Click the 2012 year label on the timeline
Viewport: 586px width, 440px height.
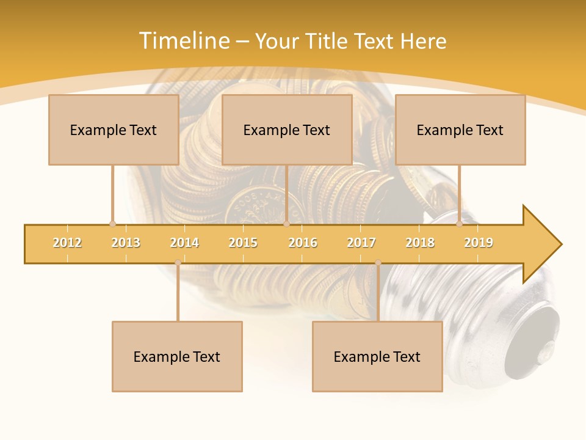tap(67, 243)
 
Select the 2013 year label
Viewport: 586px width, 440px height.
tap(126, 243)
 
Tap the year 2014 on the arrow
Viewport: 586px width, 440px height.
tap(184, 243)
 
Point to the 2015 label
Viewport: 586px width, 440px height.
tap(243, 243)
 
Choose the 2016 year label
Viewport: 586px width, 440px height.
tap(303, 243)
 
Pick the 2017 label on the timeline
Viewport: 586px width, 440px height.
tap(361, 243)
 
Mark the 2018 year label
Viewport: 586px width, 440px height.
tap(420, 243)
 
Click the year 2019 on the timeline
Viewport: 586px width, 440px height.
tap(479, 243)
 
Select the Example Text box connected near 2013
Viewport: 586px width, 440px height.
tap(114, 130)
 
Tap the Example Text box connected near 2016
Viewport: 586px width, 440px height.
tap(287, 130)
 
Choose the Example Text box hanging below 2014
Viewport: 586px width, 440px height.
tap(177, 356)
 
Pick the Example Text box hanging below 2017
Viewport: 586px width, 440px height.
tap(377, 356)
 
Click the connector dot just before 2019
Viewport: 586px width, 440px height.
tap(460, 224)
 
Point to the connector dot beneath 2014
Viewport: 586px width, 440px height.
tap(178, 263)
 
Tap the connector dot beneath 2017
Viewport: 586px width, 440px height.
tap(378, 263)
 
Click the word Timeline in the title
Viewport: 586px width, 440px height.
tap(184, 41)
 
